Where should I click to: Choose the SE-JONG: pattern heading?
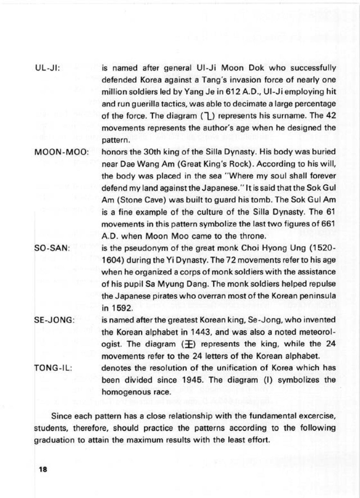point(54,320)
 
